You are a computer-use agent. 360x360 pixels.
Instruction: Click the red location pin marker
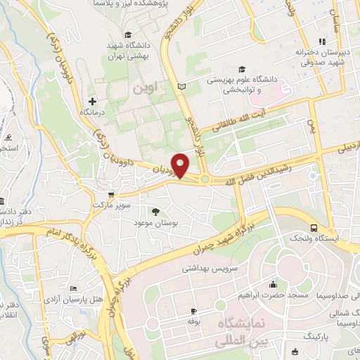pyautogui.click(x=181, y=165)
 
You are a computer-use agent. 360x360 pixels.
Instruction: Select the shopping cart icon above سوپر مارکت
pyautogui.click(x=110, y=194)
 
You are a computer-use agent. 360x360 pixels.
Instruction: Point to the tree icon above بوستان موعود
pyautogui.click(x=155, y=211)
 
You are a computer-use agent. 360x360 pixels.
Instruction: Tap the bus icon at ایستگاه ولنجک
pyautogui.click(x=314, y=228)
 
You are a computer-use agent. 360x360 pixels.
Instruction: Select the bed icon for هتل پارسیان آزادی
pyautogui.click(x=74, y=289)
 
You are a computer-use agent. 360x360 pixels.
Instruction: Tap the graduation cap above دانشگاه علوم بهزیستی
pyautogui.click(x=242, y=69)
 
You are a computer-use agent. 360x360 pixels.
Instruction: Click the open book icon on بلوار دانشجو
pyautogui.click(x=183, y=86)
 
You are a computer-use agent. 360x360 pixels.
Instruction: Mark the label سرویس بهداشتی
pyautogui.click(x=211, y=268)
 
